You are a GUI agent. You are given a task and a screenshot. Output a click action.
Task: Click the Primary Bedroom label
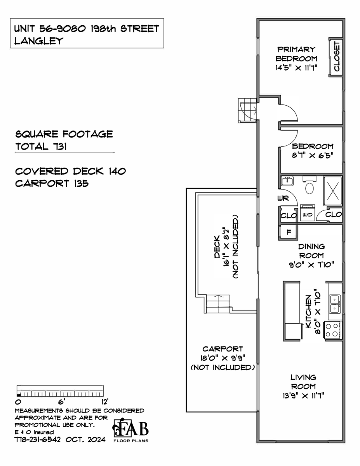[x=296, y=54]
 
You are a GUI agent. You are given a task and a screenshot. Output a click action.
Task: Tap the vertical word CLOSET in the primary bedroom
[x=337, y=56]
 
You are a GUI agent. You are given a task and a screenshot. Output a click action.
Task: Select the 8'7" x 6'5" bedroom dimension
[x=313, y=155]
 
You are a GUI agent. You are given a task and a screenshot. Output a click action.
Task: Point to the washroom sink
[x=287, y=181]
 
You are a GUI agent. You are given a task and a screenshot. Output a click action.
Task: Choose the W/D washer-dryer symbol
[x=308, y=213]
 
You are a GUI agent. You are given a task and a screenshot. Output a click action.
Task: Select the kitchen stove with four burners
[x=333, y=330]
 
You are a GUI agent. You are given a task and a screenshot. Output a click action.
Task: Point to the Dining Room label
[x=311, y=251]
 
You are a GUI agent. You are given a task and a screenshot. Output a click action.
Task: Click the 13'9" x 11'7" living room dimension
[x=303, y=395]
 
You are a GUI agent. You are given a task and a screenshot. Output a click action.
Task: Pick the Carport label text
[x=223, y=349]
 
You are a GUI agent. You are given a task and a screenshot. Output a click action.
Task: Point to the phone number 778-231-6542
[x=38, y=440]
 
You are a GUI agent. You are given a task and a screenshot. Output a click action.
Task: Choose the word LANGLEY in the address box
[x=39, y=41]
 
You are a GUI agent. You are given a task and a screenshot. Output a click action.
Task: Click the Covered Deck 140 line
[x=70, y=171]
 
